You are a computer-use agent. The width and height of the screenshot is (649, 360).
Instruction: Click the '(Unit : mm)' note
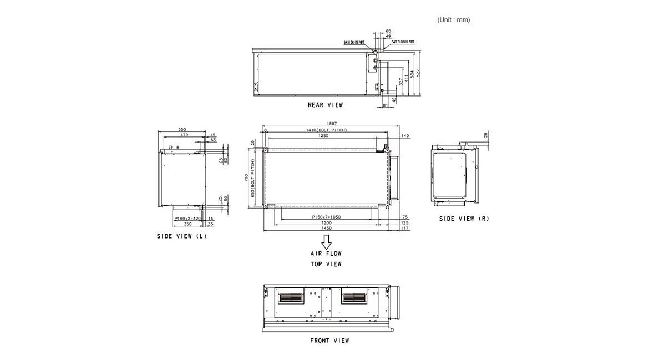click(x=453, y=20)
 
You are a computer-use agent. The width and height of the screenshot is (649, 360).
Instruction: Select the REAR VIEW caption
click(x=325, y=104)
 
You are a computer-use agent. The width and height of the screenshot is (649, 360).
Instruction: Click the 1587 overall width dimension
click(x=332, y=124)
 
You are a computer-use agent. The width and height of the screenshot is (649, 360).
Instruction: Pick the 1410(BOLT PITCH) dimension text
click(x=326, y=130)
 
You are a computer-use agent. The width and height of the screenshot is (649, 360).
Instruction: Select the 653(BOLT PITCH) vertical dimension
click(x=253, y=179)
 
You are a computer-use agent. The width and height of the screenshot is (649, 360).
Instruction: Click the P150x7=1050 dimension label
click(x=326, y=217)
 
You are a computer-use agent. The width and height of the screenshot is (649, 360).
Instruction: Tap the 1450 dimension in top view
click(x=326, y=228)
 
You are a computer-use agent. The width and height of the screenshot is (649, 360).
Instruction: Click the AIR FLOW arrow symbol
click(x=326, y=242)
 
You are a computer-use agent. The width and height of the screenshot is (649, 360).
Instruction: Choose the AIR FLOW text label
click(x=326, y=253)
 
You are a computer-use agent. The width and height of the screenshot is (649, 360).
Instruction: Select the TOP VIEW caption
click(x=326, y=264)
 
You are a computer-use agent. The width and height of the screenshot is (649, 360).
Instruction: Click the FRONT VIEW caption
click(x=329, y=341)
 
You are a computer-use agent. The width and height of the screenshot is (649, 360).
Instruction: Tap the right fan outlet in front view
click(x=354, y=298)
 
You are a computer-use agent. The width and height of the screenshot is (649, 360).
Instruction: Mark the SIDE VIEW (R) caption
click(x=464, y=219)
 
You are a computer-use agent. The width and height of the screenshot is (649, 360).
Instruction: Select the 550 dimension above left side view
click(x=182, y=129)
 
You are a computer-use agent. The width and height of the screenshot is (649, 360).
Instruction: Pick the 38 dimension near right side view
click(x=486, y=135)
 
